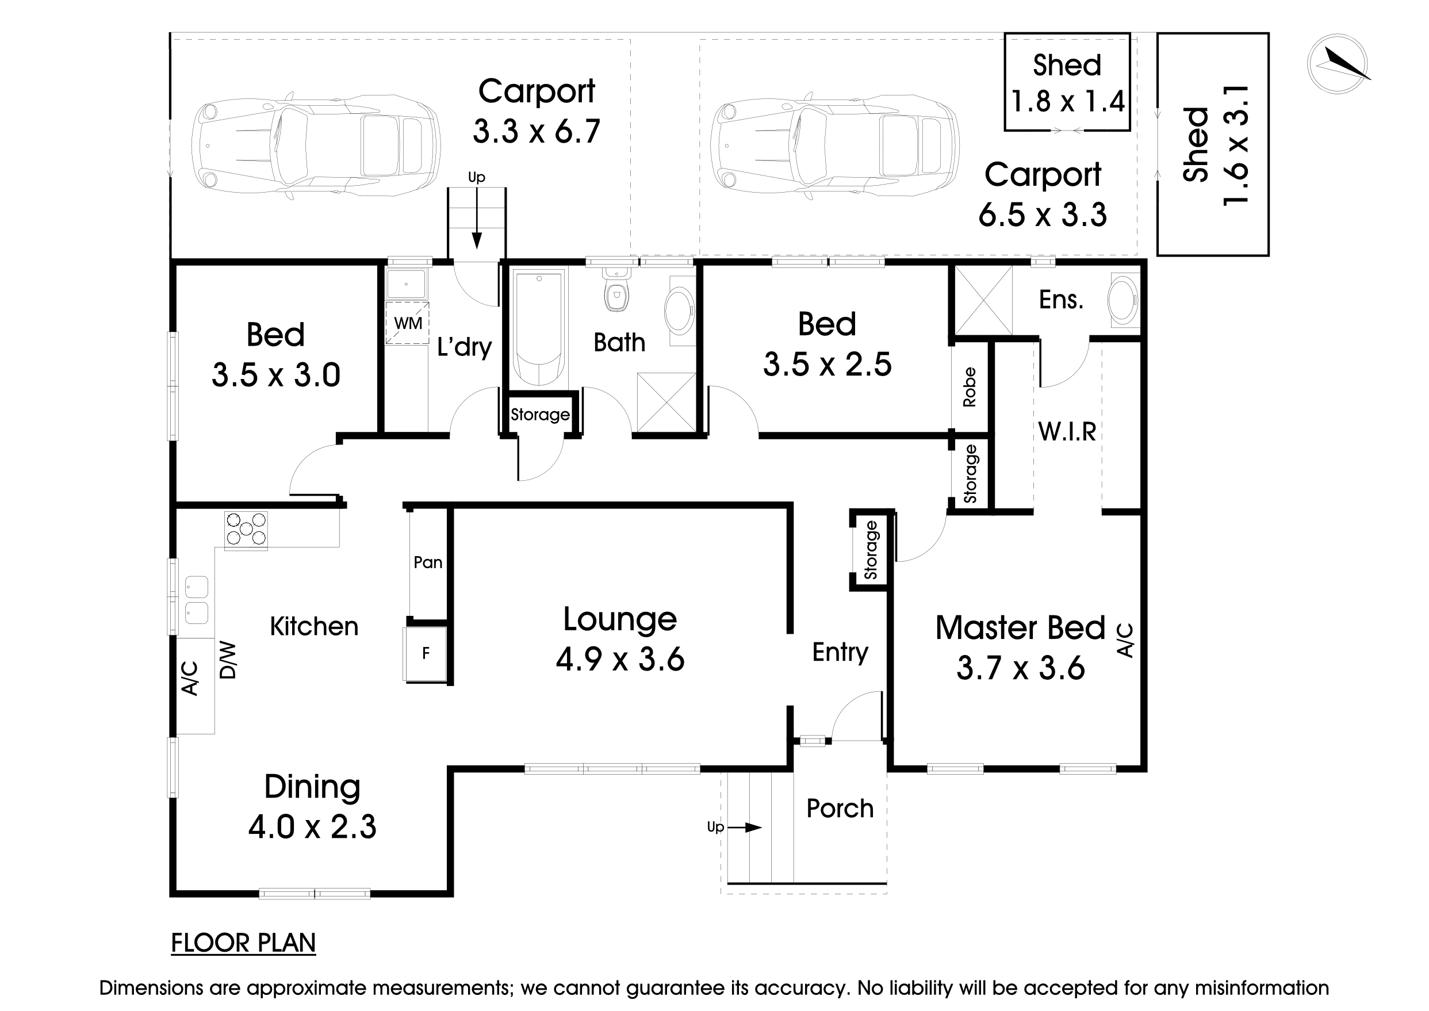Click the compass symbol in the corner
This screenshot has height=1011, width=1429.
1338,64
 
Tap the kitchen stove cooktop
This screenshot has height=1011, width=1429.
246,530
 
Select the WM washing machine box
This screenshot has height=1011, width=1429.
408,323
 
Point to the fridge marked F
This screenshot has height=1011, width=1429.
426,654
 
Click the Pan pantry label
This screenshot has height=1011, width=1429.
428,563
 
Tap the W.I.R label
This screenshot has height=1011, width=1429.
1067,431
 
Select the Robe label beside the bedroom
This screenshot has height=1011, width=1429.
969,387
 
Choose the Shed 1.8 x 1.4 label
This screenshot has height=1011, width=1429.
1067,83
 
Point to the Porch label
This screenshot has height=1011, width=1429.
840,809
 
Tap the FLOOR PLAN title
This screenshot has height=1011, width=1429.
243,943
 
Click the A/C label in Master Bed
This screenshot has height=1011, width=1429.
1125,640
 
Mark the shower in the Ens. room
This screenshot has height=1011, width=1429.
983,300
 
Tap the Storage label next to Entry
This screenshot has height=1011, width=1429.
871,550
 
